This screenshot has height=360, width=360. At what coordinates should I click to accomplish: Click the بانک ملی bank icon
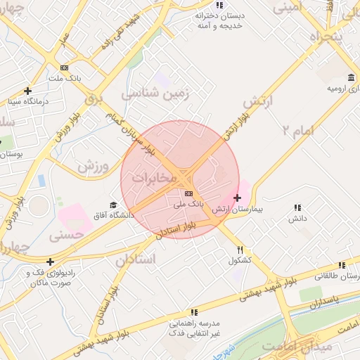(188, 193)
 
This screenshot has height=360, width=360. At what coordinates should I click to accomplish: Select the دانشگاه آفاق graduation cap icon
(113, 205)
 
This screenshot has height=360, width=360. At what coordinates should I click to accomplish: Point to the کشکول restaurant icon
(240, 250)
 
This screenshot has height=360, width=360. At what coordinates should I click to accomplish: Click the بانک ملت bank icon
(64, 67)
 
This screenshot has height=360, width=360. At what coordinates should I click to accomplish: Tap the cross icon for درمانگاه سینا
(27, 91)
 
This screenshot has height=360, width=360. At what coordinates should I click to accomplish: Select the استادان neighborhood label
(133, 259)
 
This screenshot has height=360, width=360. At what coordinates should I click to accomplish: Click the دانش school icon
(297, 207)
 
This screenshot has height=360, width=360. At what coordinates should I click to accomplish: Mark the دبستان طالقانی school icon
(341, 265)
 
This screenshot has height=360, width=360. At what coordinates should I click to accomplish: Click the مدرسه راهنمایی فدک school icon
(194, 312)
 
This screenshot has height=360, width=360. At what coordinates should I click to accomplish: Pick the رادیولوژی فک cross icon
(50, 262)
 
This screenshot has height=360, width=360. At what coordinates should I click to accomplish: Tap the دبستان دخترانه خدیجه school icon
(219, 5)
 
